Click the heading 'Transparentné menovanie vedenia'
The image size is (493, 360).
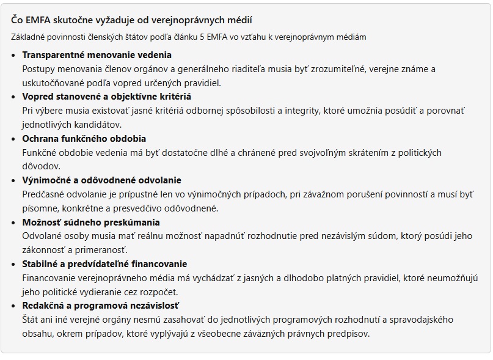97,55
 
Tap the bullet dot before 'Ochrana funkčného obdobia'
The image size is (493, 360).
14,139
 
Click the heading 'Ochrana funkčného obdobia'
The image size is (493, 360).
84,139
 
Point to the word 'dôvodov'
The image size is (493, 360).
40,166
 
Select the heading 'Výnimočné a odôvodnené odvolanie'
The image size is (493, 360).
102,180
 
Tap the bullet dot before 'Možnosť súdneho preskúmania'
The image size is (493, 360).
14,222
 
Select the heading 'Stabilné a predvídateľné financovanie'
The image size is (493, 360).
104,264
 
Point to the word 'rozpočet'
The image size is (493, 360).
158,292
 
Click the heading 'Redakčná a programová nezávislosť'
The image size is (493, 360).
101,306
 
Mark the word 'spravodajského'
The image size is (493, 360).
418,320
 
